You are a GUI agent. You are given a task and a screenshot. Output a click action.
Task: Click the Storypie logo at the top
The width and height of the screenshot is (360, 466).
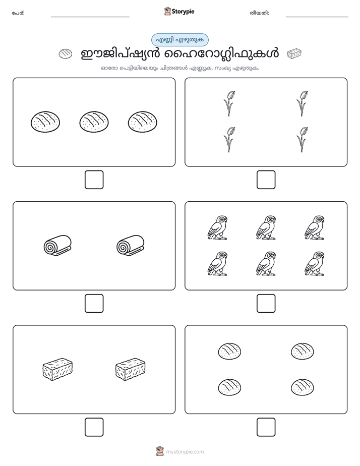point(179,11)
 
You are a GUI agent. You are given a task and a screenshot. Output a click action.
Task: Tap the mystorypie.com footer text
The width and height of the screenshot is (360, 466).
point(185,452)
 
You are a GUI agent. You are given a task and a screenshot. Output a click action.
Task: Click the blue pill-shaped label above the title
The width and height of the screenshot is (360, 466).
point(179,40)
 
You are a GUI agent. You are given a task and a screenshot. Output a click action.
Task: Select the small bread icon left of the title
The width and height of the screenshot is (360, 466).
point(66,54)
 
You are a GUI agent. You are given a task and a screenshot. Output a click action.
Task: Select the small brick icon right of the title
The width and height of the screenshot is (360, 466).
point(294,54)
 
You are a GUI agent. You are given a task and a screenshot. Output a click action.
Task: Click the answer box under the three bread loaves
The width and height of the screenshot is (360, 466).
point(94,180)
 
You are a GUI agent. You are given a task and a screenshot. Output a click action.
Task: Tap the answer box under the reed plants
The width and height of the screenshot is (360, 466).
point(266,180)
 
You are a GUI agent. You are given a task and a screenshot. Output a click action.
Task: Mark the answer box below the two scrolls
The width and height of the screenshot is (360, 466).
point(94,304)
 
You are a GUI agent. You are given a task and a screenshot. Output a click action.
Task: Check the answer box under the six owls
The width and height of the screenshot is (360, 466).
point(266,304)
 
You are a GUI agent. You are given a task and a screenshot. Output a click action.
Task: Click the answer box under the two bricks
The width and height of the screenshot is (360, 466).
point(94,427)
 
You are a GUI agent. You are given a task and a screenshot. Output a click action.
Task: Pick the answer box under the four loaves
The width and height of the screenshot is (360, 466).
point(266,427)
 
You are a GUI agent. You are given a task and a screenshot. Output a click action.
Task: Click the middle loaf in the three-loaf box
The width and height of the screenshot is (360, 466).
point(94,122)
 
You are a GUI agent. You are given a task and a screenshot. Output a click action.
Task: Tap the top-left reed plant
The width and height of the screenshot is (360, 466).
point(229,104)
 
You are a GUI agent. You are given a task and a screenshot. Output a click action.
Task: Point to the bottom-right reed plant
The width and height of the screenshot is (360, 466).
point(303,140)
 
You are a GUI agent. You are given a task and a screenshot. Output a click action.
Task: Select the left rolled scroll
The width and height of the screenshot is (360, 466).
point(57,246)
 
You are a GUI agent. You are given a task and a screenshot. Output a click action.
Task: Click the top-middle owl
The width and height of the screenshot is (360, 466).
point(266,227)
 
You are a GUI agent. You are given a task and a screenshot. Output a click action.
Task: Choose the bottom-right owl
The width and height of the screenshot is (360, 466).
point(315,264)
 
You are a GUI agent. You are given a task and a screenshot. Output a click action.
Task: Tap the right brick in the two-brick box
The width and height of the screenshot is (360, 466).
point(131,369)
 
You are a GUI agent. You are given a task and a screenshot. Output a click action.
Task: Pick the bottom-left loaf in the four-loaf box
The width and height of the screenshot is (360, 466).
point(229,387)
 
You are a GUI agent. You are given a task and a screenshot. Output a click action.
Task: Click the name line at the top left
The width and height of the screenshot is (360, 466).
point(90,17)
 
